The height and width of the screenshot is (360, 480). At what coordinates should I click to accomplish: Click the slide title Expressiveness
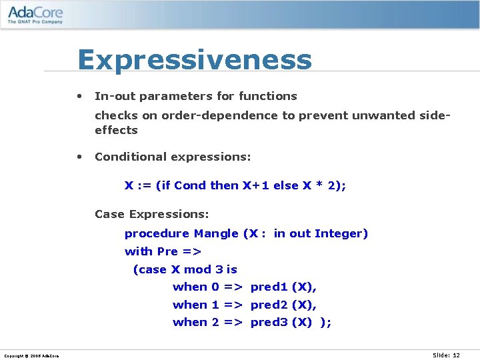point(195,60)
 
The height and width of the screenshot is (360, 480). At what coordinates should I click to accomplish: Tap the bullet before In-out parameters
point(79,96)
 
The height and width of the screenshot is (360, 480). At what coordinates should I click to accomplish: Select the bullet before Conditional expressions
point(79,157)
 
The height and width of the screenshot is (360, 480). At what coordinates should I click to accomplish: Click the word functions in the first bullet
point(267,96)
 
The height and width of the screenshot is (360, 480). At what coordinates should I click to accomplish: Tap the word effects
point(116,130)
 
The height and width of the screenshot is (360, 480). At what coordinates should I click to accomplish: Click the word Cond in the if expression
point(190,185)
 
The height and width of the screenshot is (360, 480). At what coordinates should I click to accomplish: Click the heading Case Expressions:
point(152,214)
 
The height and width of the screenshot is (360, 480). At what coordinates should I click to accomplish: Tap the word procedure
point(157,233)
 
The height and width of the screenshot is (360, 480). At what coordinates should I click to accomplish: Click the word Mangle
point(216,233)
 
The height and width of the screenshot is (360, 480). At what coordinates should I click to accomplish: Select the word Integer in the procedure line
point(341,233)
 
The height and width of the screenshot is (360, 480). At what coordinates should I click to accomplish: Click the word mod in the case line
point(197,269)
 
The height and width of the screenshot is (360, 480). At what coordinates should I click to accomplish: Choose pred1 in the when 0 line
point(269,287)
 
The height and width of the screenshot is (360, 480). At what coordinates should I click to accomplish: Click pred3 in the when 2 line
point(269,322)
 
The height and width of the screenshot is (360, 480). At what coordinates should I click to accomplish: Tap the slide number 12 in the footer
point(456,355)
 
